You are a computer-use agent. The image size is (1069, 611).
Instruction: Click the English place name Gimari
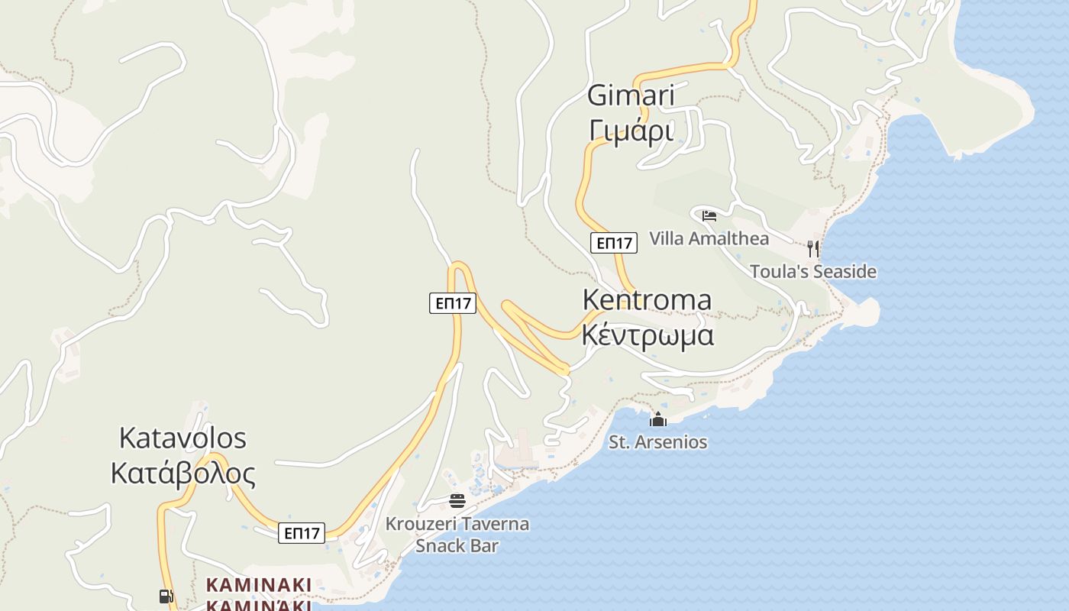pos(631,95)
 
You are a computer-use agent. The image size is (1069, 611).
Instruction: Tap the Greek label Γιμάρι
pos(631,131)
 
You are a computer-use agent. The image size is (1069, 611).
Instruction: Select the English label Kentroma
pos(647,299)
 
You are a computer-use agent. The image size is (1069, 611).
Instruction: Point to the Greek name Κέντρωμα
pos(648,335)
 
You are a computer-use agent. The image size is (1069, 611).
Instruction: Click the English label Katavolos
pos(182,438)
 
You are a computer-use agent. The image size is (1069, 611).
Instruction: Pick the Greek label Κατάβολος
pos(182,474)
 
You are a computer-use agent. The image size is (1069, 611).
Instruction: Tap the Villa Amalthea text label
pos(709,238)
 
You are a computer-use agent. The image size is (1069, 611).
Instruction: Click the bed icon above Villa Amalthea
pos(709,215)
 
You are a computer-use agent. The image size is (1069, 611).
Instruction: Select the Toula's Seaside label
pos(812,271)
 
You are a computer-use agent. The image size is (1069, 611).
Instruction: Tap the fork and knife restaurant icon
pos(813,248)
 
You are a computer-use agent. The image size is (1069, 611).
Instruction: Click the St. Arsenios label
pos(657,441)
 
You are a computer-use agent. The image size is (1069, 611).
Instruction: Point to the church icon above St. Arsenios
pos(657,419)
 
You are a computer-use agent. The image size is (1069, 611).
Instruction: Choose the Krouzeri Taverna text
pos(457,524)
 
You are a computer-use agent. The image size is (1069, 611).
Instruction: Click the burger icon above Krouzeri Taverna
pos(457,501)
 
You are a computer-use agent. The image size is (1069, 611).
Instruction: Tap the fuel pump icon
pos(165,596)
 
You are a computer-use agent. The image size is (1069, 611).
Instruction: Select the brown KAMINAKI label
pos(258,585)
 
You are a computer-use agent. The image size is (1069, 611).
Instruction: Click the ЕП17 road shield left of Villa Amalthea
pos(613,243)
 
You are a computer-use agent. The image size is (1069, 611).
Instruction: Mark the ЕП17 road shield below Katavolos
pos(302,533)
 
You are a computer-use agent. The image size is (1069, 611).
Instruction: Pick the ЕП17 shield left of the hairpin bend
pos(452,303)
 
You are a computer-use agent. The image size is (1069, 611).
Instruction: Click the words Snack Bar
pos(457,545)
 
